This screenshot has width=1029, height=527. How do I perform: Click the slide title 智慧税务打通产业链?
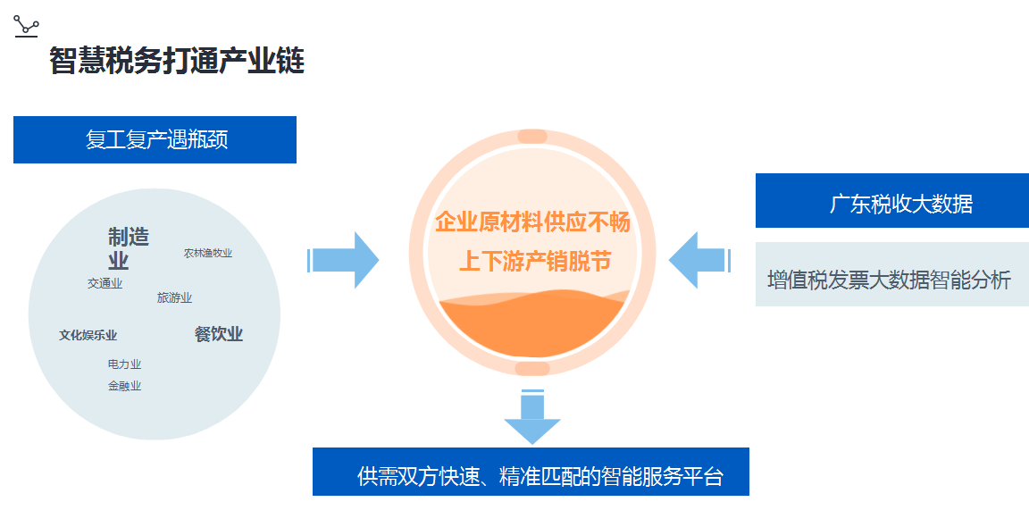click(177, 61)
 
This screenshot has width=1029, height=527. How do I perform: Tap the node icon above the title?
click(26, 25)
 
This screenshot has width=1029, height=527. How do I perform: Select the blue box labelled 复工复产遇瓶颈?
click(155, 140)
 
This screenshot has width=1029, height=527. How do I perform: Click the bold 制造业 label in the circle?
click(128, 248)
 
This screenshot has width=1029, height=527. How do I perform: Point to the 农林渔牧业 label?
click(208, 253)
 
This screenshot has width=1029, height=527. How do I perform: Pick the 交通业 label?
click(105, 283)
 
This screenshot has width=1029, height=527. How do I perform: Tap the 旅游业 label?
click(174, 297)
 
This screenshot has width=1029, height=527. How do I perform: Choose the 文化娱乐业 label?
click(88, 335)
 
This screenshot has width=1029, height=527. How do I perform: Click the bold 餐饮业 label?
click(219, 334)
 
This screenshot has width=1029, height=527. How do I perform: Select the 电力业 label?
click(124, 364)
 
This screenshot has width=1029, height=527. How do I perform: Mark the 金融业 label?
click(124, 386)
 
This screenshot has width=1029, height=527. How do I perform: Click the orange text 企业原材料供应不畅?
click(532, 222)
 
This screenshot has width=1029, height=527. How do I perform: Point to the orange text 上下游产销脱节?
click(534, 261)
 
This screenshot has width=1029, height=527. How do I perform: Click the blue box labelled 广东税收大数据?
click(891, 201)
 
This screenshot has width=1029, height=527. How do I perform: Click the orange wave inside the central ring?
click(532, 327)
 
